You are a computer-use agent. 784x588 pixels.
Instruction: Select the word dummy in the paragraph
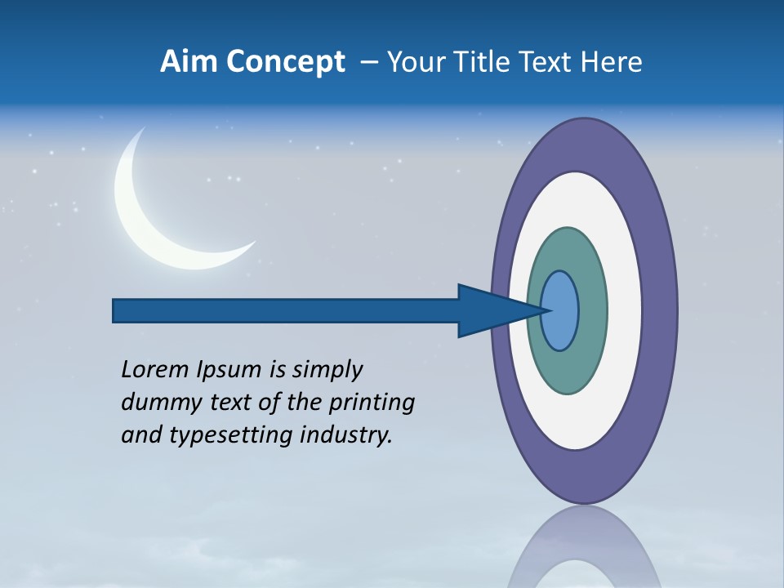155,403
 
